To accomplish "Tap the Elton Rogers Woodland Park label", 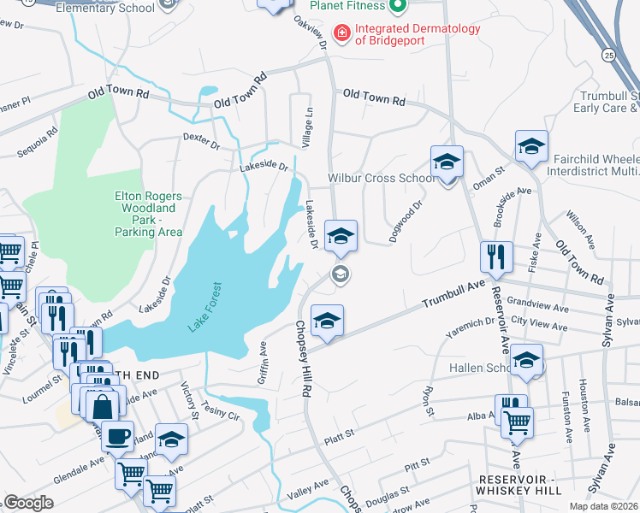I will (x=150, y=213).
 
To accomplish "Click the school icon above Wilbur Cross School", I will (x=447, y=162).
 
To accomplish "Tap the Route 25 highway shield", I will (x=607, y=55).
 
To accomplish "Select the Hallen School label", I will (x=467, y=368).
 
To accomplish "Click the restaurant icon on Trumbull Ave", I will (x=496, y=256).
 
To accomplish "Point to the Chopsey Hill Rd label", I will (x=302, y=359).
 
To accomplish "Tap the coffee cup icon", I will (x=117, y=437).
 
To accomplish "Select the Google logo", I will (x=29, y=502).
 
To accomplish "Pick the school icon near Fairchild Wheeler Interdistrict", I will (x=530, y=146).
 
